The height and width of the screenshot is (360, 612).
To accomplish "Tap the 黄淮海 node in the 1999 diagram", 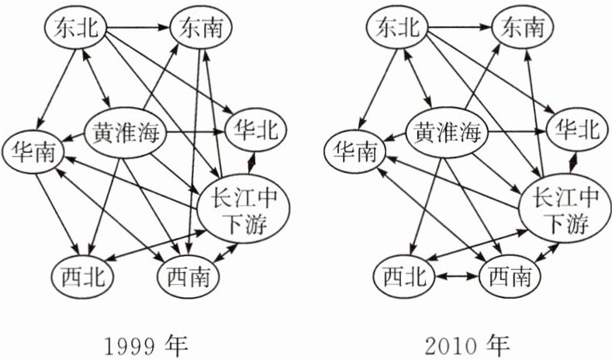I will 126,134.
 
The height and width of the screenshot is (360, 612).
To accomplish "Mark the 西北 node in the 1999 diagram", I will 83,275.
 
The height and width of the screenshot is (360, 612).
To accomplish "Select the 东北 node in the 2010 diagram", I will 398,29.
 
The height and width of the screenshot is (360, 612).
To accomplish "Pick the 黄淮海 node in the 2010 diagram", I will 448,134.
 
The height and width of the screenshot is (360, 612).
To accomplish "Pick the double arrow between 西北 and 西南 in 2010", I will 458,275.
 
